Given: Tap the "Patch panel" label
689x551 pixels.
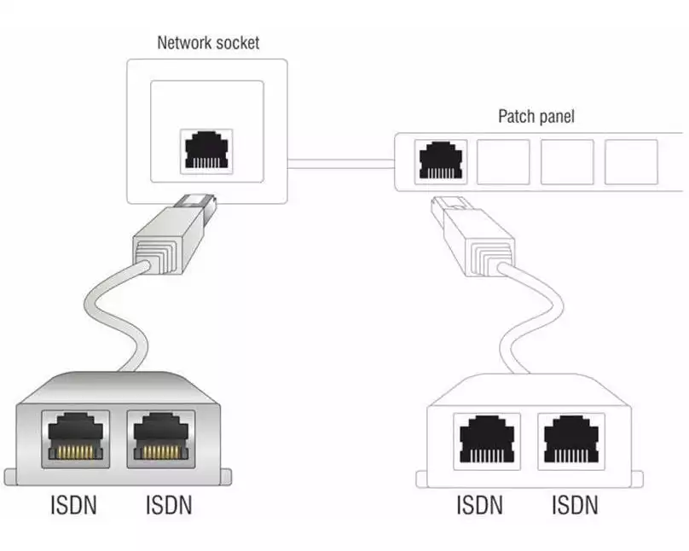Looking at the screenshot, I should pyautogui.click(x=536, y=116).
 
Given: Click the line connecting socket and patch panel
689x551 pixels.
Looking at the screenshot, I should pyautogui.click(x=341, y=159).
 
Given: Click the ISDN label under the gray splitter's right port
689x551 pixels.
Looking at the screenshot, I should pyautogui.click(x=168, y=505).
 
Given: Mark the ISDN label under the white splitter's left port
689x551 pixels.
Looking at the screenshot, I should pyautogui.click(x=480, y=505).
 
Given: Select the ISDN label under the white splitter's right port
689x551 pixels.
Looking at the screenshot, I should pyautogui.click(x=574, y=505).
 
